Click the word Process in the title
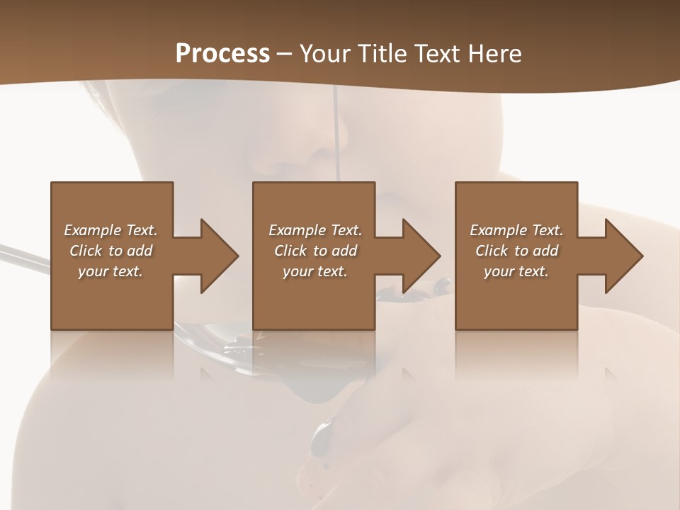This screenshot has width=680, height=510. (222, 54)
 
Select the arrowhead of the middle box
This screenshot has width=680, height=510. (421, 256)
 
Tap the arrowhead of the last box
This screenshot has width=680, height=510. (623, 256)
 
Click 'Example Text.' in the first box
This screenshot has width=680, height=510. (110, 230)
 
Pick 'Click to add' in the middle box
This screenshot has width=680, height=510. (315, 251)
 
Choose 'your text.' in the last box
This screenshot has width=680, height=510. (516, 271)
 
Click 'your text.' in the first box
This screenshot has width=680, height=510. (110, 271)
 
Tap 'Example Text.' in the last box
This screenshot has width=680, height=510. (516, 230)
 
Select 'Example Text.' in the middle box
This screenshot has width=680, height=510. (315, 230)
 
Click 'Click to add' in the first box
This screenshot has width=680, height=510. (110, 251)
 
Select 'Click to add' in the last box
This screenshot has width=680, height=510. (516, 251)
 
